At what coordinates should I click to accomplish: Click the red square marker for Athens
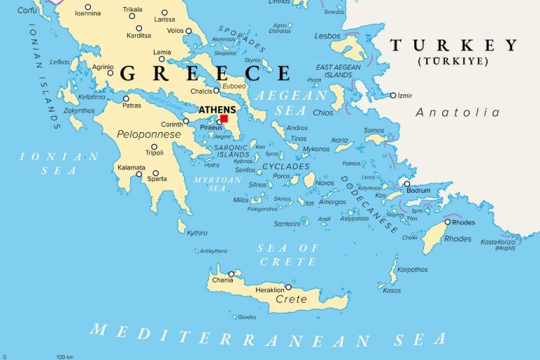[x=224, y=119]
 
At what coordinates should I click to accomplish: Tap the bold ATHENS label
[x=217, y=110]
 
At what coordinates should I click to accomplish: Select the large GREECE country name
[x=205, y=73]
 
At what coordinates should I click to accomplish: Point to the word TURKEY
[x=454, y=46]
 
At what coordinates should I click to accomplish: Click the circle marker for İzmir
[x=393, y=96]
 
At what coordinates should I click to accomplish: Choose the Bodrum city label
[x=418, y=191]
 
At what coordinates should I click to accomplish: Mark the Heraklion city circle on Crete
[x=288, y=287]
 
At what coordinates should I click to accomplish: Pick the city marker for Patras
[x=127, y=98]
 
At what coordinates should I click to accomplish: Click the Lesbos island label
[x=328, y=35]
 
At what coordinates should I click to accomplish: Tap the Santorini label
[x=287, y=224]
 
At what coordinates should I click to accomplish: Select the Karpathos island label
[x=412, y=269]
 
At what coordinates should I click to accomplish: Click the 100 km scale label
[x=65, y=356]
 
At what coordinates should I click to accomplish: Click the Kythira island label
[x=197, y=232]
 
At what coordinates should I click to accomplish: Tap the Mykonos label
[x=316, y=149]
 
